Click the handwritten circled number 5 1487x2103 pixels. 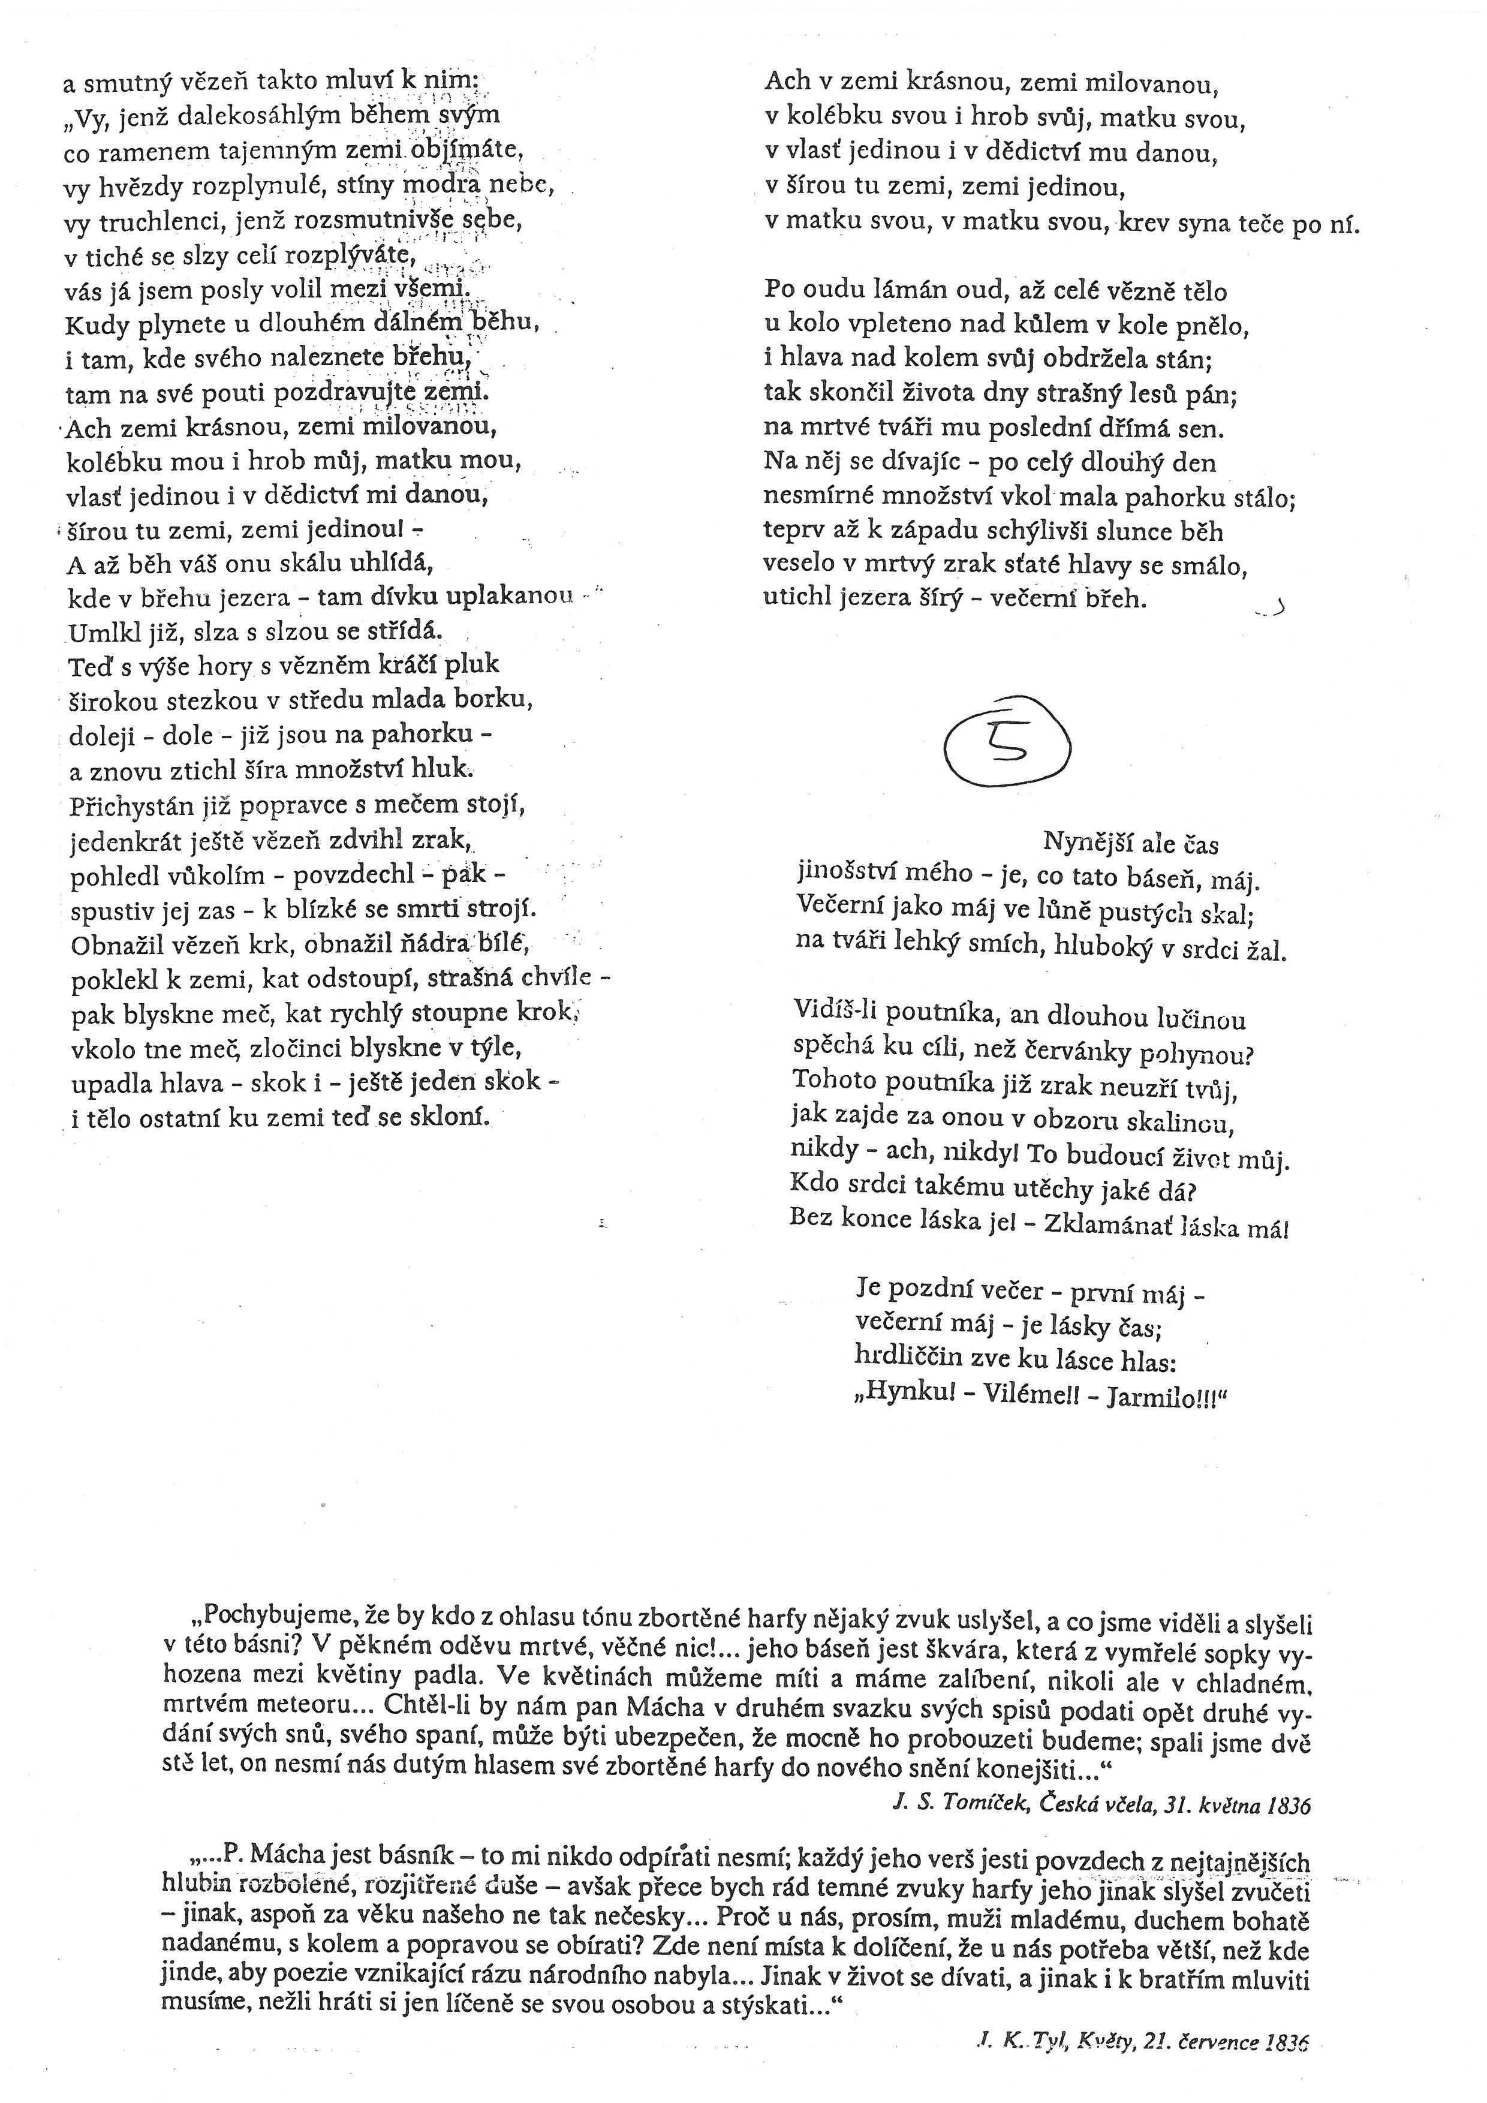(x=1006, y=745)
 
